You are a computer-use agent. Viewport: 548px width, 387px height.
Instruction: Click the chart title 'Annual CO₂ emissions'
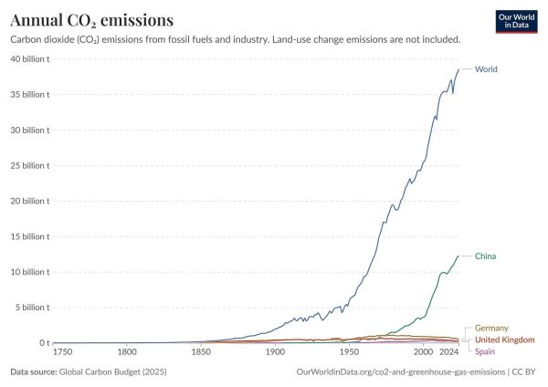point(92,19)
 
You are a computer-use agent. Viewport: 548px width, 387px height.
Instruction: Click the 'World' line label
point(486,69)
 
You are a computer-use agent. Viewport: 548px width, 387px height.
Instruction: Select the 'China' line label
point(485,256)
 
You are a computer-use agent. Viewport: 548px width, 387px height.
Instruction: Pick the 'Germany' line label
point(491,328)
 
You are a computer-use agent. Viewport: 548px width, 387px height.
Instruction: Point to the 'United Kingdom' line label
point(505,340)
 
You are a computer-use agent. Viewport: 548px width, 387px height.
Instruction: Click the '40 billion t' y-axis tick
point(30,59)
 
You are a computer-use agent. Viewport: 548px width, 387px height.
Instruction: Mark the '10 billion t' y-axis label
point(30,272)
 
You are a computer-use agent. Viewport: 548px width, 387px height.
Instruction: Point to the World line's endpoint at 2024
point(458,69)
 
